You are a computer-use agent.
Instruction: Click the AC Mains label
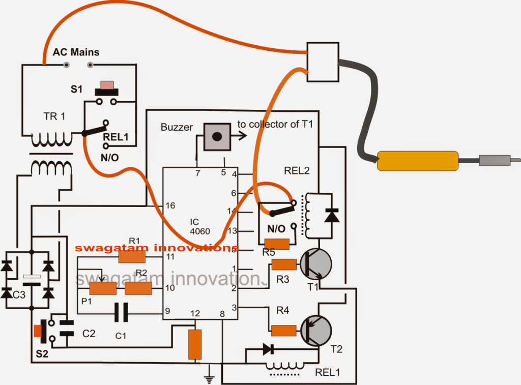pos(76,52)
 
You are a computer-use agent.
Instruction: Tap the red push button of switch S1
pos(108,84)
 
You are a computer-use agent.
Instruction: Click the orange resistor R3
pos(284,264)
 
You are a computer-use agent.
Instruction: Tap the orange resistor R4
pos(284,331)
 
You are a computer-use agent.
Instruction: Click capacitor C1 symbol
pos(122,312)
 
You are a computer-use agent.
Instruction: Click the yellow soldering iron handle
pos(417,161)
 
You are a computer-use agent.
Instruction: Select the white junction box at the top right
pos(323,61)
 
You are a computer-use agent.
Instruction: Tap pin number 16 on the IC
pos(170,205)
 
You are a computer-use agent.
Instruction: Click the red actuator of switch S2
pos(37,331)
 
